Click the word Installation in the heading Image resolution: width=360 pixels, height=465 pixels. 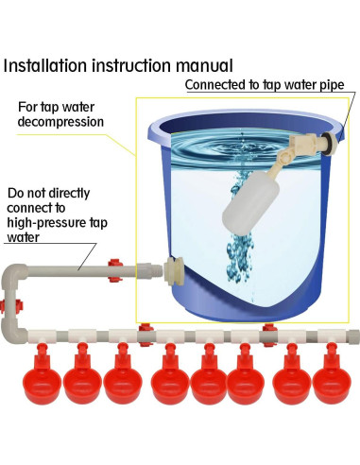(44, 65)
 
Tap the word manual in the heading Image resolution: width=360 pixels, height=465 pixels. (205, 65)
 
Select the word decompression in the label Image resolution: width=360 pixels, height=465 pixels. (60, 122)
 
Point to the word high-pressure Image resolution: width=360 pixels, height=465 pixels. (46, 223)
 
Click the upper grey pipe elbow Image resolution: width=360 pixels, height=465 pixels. (14, 273)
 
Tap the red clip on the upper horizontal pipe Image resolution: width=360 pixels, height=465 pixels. (114, 270)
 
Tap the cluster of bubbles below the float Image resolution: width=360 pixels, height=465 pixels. (240, 257)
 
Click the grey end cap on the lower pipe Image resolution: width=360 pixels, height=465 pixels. (353, 336)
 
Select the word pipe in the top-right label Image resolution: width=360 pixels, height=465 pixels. (332, 85)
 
